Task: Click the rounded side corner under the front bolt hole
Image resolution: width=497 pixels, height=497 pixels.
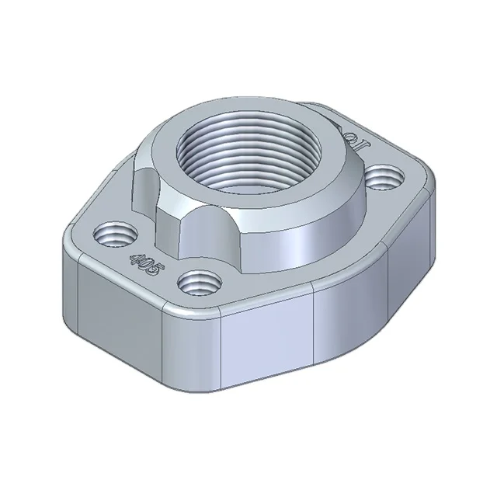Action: (190, 342)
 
